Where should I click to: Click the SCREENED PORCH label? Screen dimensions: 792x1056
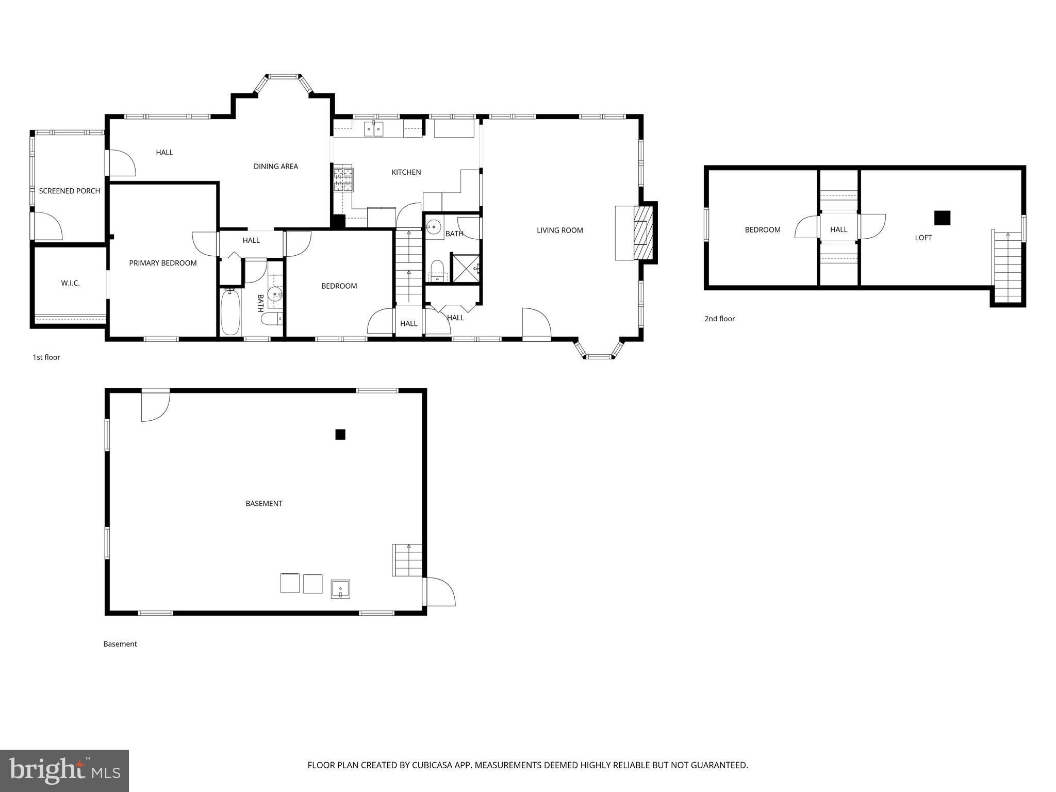(70, 191)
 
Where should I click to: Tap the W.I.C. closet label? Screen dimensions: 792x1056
(70, 283)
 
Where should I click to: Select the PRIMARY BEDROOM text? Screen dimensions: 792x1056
(163, 263)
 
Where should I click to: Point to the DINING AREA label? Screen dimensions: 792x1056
(276, 166)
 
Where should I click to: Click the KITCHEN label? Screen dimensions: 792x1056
(406, 172)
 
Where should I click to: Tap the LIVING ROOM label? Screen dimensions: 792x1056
(559, 230)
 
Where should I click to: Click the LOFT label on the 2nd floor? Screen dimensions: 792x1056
(923, 238)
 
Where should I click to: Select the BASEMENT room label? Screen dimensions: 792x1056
(264, 503)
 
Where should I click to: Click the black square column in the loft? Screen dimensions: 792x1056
(942, 218)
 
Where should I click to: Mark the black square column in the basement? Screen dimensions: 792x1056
(340, 435)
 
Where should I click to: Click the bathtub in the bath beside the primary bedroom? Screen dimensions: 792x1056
(230, 312)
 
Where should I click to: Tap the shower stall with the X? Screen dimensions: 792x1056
(466, 268)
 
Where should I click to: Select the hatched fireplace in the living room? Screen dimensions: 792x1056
(643, 233)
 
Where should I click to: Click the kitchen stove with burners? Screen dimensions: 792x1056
(343, 180)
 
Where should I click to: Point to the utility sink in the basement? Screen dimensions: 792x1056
(340, 589)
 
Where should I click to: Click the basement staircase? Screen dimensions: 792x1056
(407, 560)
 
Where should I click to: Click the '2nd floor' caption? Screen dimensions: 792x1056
(719, 319)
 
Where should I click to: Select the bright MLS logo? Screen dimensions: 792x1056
(64, 770)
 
